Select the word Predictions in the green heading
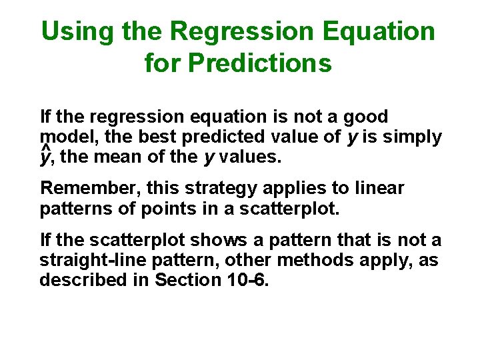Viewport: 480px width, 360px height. pyautogui.click(x=260, y=63)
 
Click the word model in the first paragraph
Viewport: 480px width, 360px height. pyautogui.click(x=63, y=137)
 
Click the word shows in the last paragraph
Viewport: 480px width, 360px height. pyautogui.click(x=184, y=240)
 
